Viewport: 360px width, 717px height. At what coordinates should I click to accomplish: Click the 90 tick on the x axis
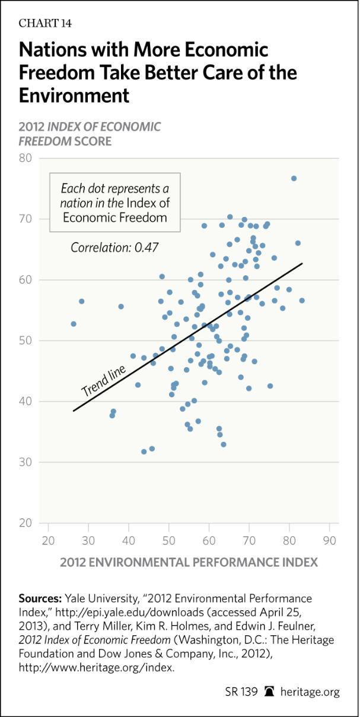pyautogui.click(x=330, y=541)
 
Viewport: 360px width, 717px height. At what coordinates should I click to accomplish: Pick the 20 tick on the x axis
pyautogui.click(x=49, y=541)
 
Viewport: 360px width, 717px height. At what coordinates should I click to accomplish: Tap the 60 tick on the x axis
pyautogui.click(x=209, y=541)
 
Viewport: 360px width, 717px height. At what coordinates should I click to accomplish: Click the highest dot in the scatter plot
pyautogui.click(x=294, y=179)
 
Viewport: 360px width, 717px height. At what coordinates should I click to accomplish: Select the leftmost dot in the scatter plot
pyautogui.click(x=74, y=324)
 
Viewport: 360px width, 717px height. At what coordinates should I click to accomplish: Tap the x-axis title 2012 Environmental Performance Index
pyautogui.click(x=189, y=561)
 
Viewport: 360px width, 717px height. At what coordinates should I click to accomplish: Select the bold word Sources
pyautogui.click(x=40, y=598)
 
